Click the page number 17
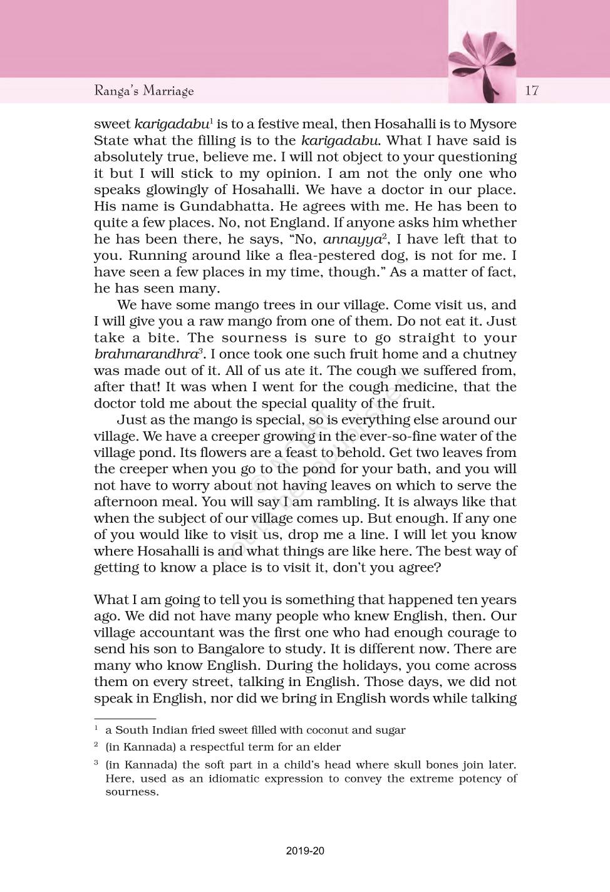(x=532, y=90)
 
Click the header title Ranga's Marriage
(x=144, y=91)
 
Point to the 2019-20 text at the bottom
(x=305, y=851)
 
